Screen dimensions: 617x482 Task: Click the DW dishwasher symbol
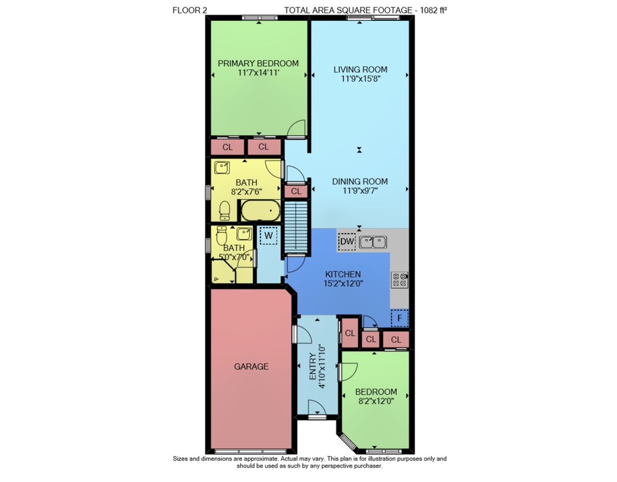pos(347,241)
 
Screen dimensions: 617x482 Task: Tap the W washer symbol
pos(269,235)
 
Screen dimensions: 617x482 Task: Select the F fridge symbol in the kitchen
pos(399,318)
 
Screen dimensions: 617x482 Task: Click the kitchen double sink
pos(373,242)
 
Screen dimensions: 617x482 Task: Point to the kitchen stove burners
pos(399,279)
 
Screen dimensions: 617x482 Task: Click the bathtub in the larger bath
pos(260,211)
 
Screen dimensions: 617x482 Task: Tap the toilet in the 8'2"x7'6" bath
pos(225,211)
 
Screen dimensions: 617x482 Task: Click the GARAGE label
pos(252,366)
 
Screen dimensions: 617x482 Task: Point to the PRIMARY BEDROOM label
pos(258,64)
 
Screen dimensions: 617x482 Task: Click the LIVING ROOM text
pos(360,69)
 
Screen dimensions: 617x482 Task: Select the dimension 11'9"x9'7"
pos(360,191)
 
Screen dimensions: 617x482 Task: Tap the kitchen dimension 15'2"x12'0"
pos(343,284)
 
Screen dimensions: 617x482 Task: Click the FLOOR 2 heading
pos(189,11)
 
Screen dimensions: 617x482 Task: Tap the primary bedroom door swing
pos(296,129)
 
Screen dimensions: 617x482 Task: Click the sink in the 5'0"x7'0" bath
pos(244,234)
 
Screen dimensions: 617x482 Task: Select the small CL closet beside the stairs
pos(296,192)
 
